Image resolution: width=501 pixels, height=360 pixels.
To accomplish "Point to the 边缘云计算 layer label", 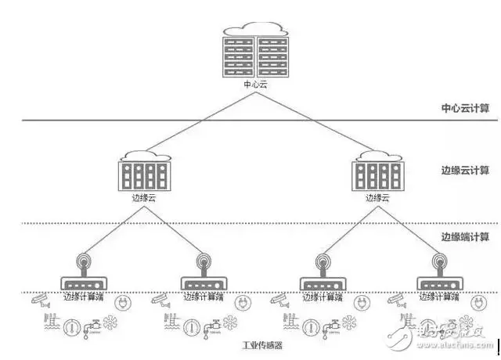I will coord(464,170).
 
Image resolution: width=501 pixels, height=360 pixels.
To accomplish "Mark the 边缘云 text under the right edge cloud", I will coord(377,199).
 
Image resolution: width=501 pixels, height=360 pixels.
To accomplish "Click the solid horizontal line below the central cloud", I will coord(157,120).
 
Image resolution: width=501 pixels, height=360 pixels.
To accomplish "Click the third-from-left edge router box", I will coord(322,283).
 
